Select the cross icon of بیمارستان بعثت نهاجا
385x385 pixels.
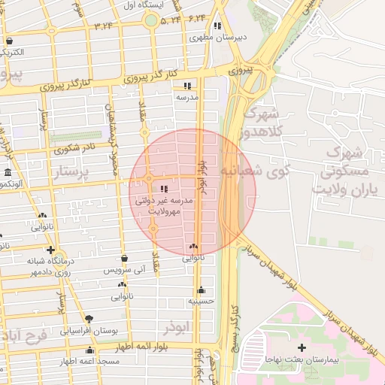pos(302,347)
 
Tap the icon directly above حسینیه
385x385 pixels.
pos(202,290)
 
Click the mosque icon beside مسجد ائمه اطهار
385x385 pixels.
pos(90,350)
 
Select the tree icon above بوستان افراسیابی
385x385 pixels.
pos(89,319)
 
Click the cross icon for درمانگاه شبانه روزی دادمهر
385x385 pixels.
pos(50,250)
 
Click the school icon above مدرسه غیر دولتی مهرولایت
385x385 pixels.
pos(165,189)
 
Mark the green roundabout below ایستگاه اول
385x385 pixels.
pos(151,20)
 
